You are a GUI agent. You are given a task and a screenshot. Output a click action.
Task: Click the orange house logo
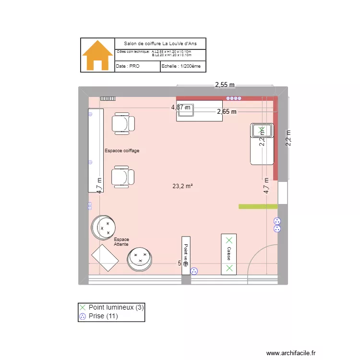click(97, 55)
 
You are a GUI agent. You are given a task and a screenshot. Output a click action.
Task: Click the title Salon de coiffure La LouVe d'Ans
click(160, 44)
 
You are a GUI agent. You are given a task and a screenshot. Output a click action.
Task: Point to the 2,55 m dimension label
click(225, 85)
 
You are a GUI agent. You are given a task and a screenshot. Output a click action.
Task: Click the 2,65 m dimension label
click(227, 112)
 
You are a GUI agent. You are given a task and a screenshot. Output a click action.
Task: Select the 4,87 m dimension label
click(180, 108)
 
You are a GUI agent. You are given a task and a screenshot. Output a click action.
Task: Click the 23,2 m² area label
click(183, 186)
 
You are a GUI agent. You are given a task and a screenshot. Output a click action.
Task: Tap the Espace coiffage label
click(122, 151)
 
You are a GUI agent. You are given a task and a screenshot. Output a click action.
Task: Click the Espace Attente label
click(121, 242)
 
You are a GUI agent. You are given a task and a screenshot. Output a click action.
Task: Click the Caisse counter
click(229, 254)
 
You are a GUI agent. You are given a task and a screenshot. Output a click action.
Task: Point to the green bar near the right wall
click(258, 206)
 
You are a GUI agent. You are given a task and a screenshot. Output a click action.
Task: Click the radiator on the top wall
click(108, 98)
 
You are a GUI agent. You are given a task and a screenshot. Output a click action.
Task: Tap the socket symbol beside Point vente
click(194, 271)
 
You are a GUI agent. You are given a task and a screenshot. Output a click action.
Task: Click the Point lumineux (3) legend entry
click(111, 307)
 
